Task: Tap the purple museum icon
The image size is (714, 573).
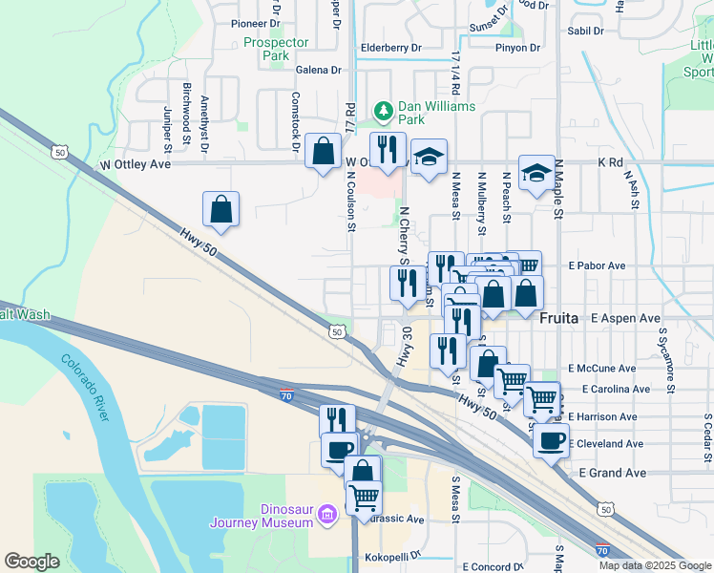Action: (x=327, y=516)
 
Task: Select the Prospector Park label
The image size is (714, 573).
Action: (x=276, y=49)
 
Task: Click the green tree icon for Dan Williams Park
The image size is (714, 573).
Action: (x=384, y=113)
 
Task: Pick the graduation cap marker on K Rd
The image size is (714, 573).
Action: (x=536, y=173)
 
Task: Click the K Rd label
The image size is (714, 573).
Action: (x=609, y=163)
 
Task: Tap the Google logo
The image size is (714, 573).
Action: (x=31, y=562)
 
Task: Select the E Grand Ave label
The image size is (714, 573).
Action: (x=613, y=473)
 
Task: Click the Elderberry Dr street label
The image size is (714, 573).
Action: (x=390, y=47)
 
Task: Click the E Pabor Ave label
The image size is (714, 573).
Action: (x=597, y=265)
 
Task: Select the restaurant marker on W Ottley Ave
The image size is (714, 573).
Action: (x=388, y=151)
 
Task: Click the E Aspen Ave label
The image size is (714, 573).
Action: (x=626, y=318)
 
